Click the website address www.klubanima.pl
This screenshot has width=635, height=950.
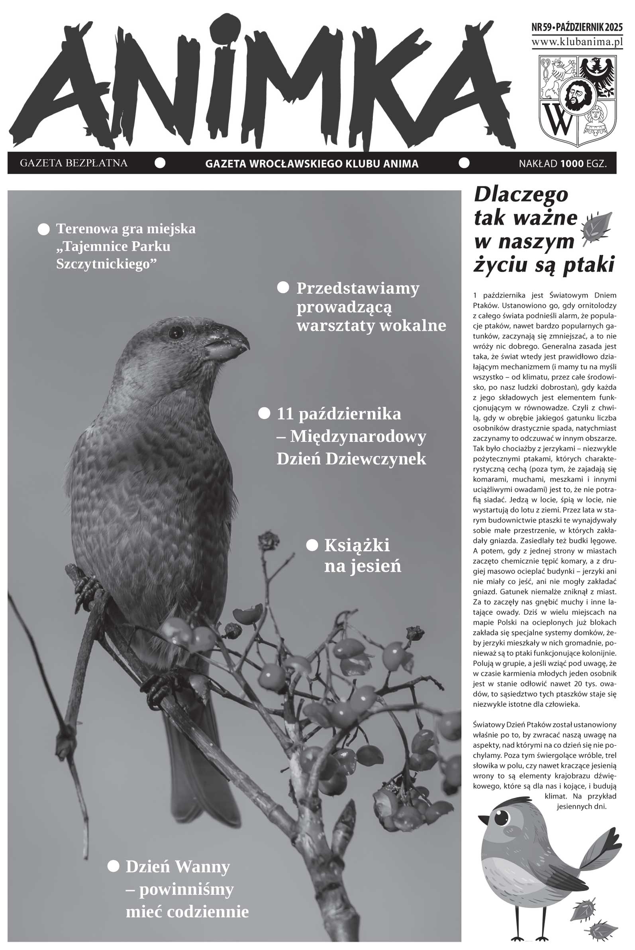[x=577, y=42]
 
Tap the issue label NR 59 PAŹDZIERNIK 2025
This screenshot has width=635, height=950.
[x=577, y=28]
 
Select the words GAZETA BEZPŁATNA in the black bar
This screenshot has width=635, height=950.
[x=74, y=163]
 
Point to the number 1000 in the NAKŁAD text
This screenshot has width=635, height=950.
[x=572, y=164]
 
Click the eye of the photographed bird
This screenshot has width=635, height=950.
[x=176, y=333]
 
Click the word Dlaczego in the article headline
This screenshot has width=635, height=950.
[x=521, y=195]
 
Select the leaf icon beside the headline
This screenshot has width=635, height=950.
[x=596, y=227]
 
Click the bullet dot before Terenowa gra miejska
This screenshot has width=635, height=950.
[x=43, y=229]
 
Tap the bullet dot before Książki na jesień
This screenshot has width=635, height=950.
[x=312, y=545]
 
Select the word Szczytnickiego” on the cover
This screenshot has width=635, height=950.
[x=106, y=264]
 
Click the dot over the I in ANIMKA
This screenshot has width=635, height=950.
[x=227, y=28]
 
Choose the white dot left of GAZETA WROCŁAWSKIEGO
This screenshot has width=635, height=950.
[x=161, y=163]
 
